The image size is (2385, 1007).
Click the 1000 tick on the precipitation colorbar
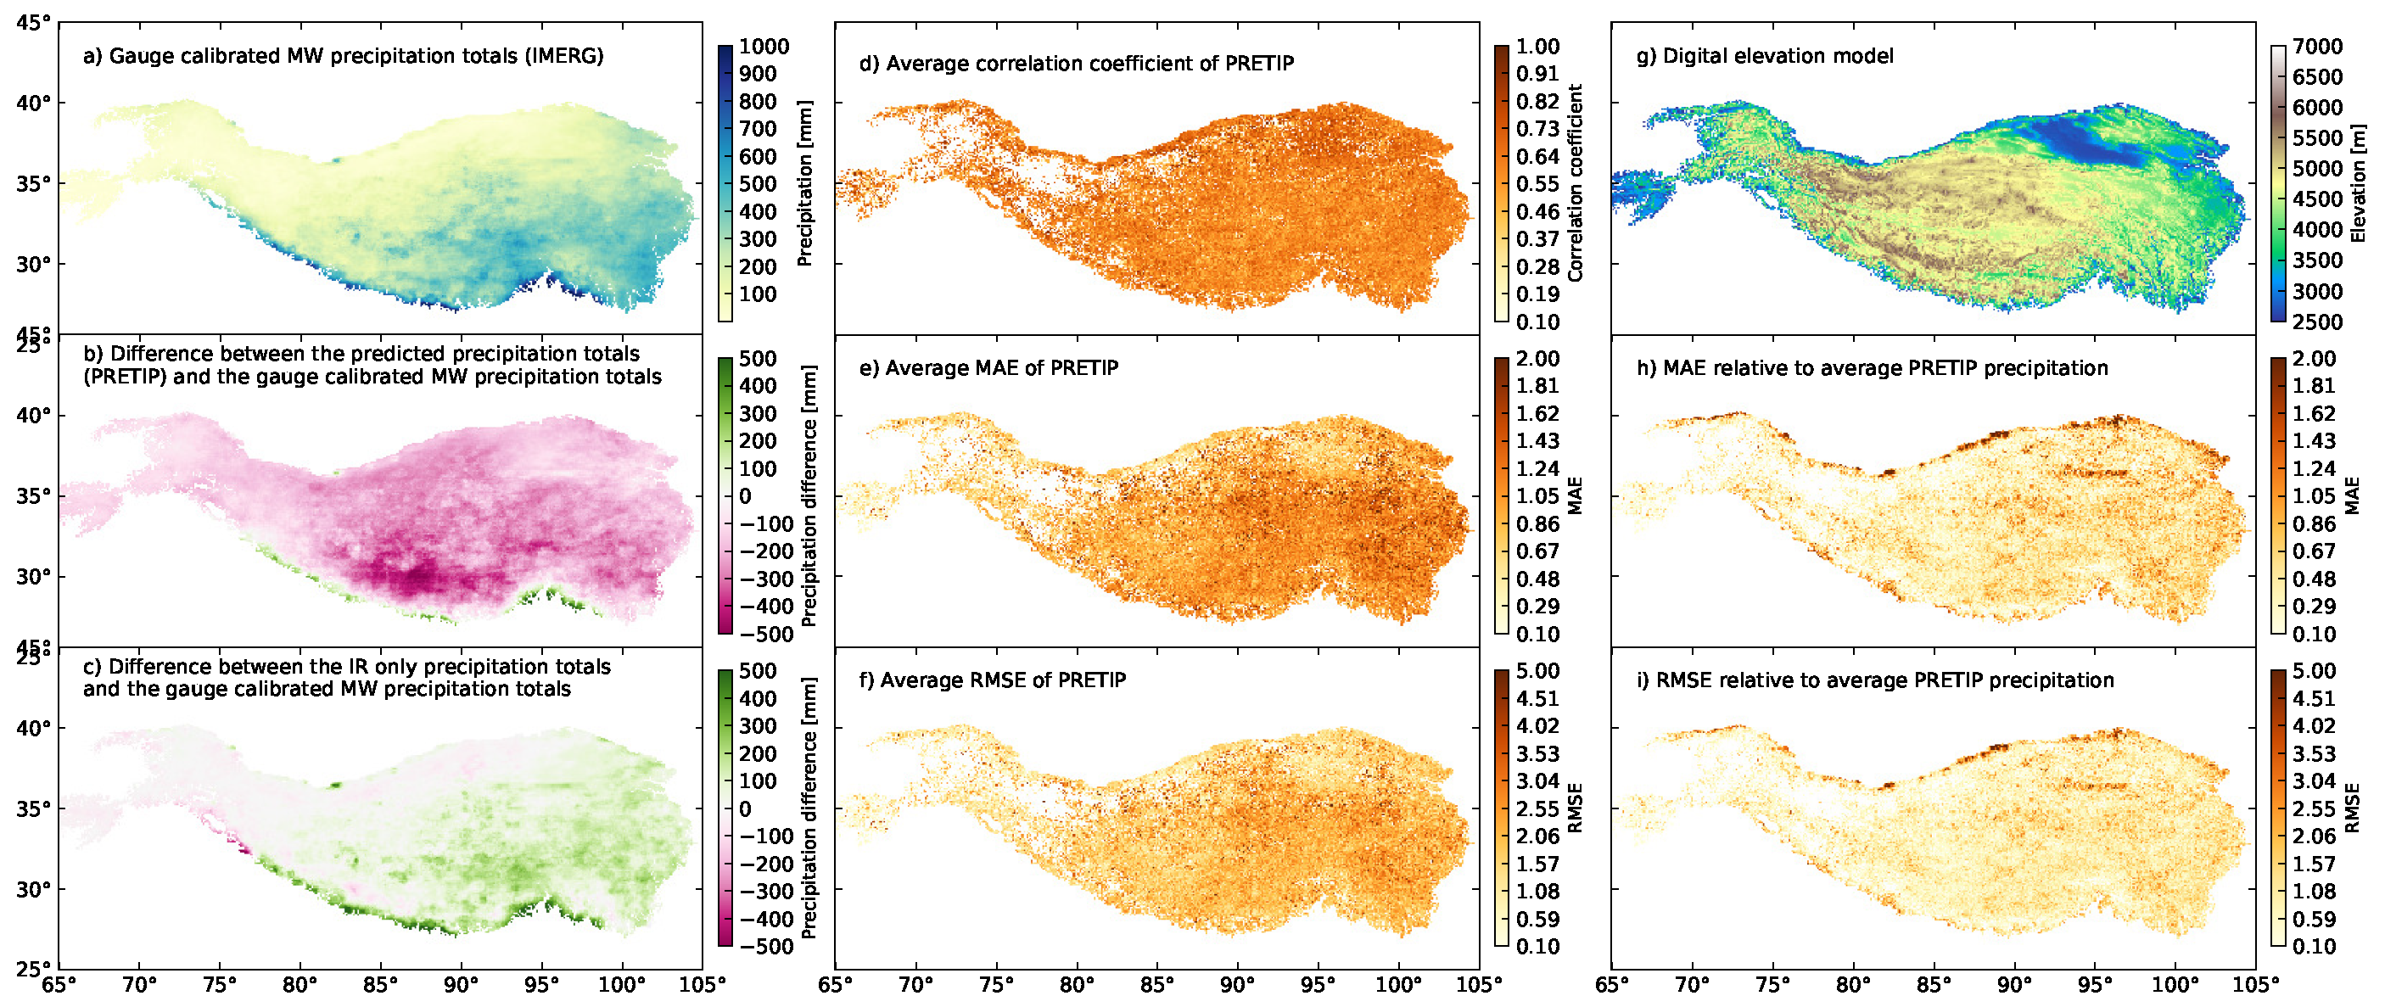pos(764,48)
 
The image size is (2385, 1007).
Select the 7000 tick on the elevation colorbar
pos(2317,48)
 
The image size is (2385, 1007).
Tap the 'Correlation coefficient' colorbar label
pos(1576,183)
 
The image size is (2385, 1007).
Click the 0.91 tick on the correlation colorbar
pos(1537,74)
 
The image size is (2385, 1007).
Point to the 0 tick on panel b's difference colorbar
pos(745,497)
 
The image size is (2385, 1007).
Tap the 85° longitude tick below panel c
pos(380,985)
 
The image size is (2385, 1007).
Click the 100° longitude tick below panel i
pos(2175,985)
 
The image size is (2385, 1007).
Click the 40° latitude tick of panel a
pos(33,103)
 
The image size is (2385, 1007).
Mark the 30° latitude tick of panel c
pos(33,889)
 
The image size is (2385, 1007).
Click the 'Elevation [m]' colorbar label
pos(2358,183)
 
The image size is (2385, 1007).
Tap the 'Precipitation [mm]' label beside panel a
pos(805,183)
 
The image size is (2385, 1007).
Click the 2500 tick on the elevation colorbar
pos(2317,322)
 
